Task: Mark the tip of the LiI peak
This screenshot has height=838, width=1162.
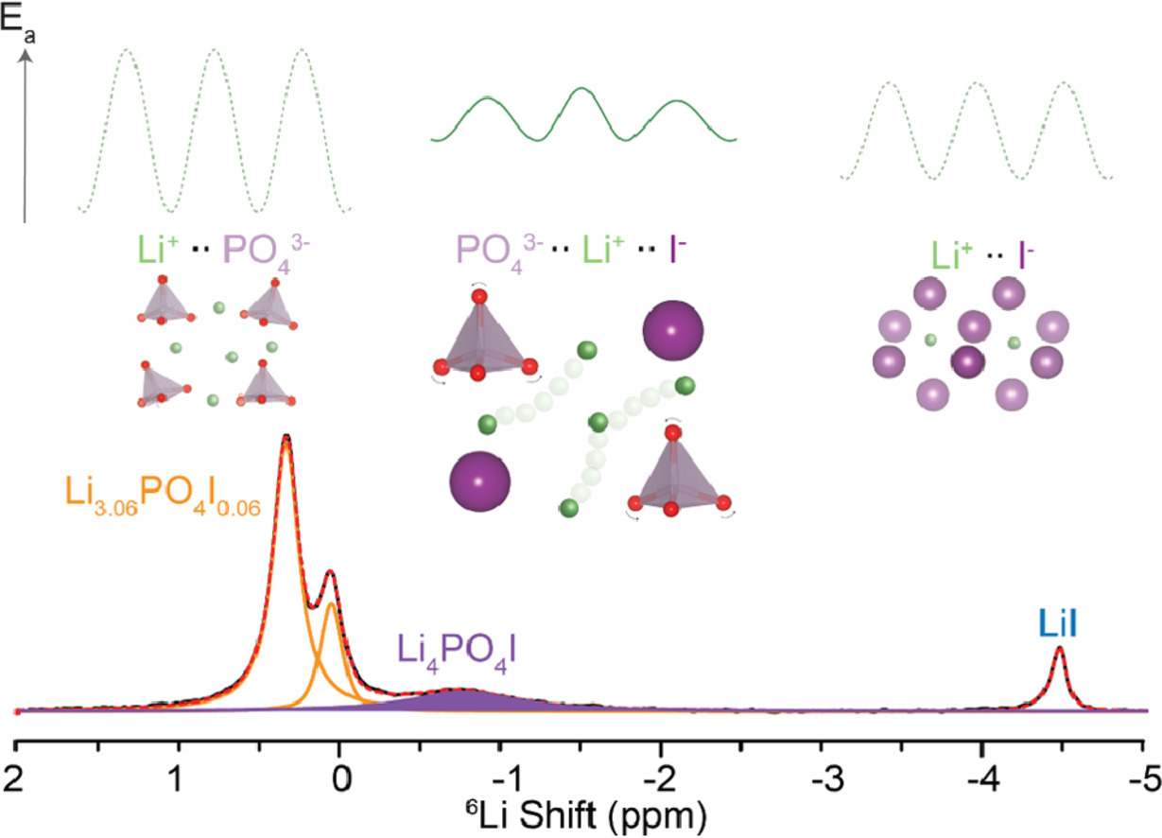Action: (x=1060, y=648)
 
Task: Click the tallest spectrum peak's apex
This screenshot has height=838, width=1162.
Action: (x=286, y=436)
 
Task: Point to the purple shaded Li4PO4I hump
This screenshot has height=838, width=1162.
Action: (x=463, y=701)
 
